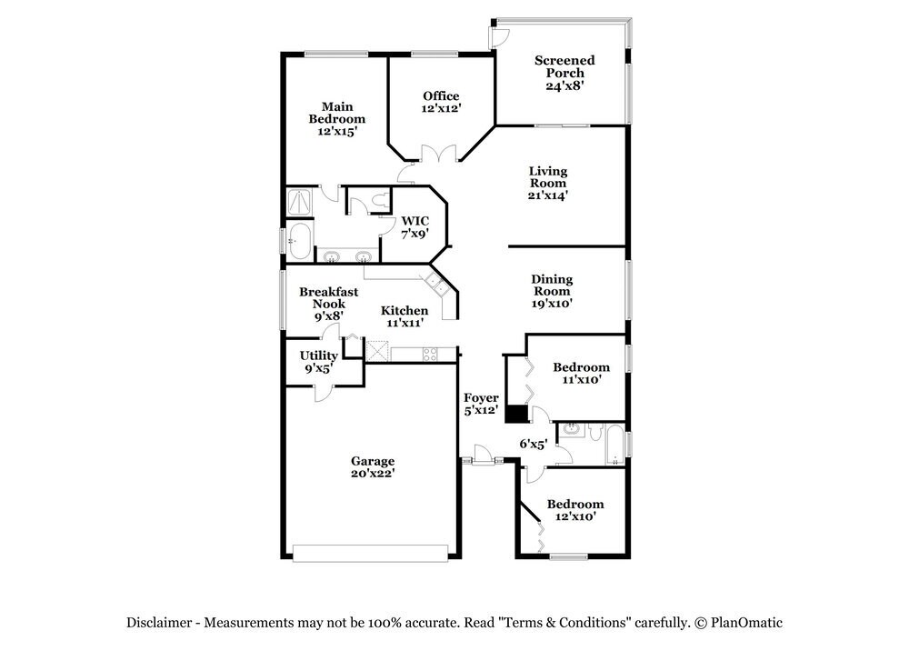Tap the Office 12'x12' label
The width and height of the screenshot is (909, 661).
(x=441, y=102)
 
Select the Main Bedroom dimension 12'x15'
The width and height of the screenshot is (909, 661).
(x=336, y=131)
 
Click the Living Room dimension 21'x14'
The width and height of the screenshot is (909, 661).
(x=548, y=195)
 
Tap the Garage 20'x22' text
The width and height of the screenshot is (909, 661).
(x=373, y=467)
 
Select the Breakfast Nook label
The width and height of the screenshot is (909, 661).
(x=328, y=298)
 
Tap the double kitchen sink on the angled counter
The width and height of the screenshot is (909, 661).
(x=438, y=286)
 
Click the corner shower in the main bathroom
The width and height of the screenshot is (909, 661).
(x=298, y=200)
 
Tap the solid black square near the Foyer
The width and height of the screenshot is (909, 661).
(x=516, y=414)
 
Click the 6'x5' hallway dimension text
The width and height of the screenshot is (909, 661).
(x=533, y=444)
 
